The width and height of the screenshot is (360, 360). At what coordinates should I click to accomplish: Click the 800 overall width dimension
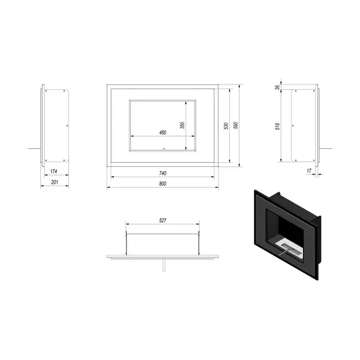[x=162, y=184]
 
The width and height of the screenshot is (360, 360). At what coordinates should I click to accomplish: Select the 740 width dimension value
[x=162, y=173]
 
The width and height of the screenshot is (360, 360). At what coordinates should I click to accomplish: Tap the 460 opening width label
[x=162, y=133]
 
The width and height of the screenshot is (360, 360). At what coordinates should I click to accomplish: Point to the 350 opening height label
[x=182, y=125]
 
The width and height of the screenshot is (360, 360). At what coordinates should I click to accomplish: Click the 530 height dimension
[x=226, y=126]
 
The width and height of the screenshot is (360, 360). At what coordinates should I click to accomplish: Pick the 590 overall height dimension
[x=235, y=125]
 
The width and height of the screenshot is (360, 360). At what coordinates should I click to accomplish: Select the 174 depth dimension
[x=54, y=171]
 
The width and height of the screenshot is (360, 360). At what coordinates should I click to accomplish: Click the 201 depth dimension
[x=54, y=182]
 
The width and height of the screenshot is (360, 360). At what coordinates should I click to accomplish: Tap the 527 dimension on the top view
[x=162, y=221]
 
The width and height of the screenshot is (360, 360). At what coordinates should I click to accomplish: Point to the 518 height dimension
[x=278, y=127]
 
